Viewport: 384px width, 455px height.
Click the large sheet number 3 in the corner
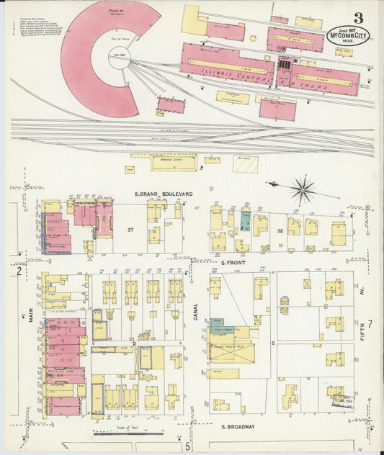click(x=358, y=17)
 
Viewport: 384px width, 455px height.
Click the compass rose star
click(x=303, y=190)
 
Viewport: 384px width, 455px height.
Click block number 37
click(x=130, y=230)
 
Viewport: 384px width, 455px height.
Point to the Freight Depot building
click(x=174, y=163)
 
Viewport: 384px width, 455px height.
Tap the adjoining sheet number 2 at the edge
click(x=19, y=271)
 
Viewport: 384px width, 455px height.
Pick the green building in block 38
click(x=246, y=220)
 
